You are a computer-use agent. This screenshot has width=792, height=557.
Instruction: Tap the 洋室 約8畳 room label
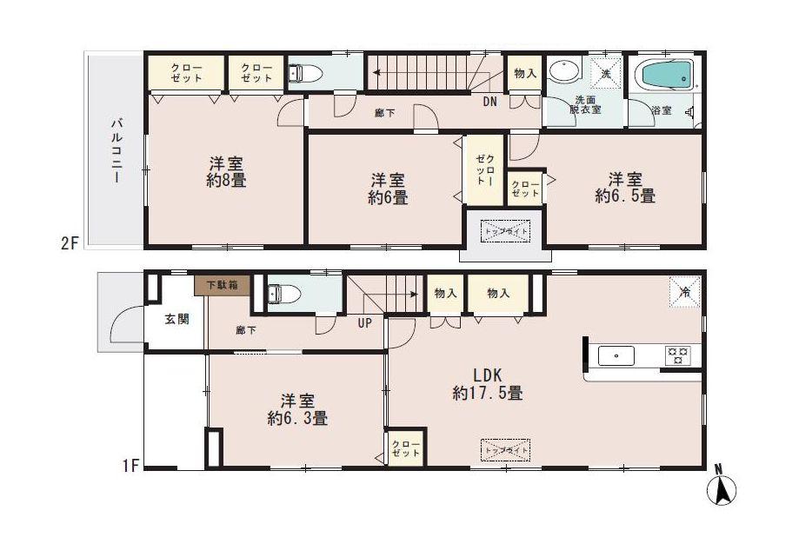tap(225, 171)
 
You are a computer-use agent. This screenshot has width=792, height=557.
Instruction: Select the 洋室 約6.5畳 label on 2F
tap(625, 188)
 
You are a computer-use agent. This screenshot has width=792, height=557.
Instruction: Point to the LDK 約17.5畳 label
tap(487, 384)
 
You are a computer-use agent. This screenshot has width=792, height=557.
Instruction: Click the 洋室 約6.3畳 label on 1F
tap(297, 409)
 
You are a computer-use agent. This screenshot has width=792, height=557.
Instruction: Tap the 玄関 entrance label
tap(176, 319)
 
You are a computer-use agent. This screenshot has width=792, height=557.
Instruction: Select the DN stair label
tap(490, 103)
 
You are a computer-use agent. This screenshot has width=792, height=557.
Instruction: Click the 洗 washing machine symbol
tap(606, 72)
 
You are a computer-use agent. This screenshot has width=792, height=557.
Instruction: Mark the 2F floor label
tap(70, 244)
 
